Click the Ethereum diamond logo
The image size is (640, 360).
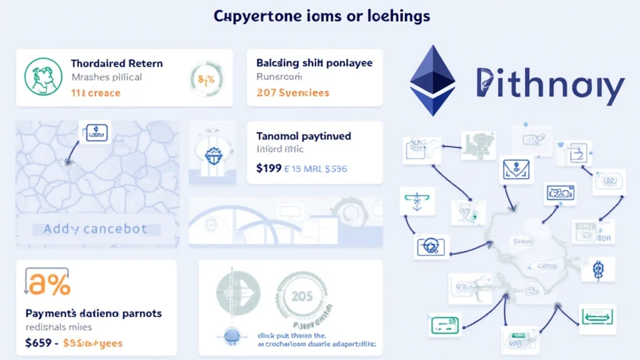pyautogui.click(x=432, y=81)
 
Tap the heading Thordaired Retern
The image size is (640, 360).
pyautogui.click(x=117, y=63)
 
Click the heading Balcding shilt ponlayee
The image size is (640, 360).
pyautogui.click(x=314, y=63)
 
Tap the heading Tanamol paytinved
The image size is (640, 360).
pyautogui.click(x=303, y=135)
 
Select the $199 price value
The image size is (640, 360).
pyautogui.click(x=268, y=167)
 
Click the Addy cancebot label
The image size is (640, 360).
pyautogui.click(x=96, y=229)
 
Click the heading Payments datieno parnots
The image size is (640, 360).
pyautogui.click(x=94, y=312)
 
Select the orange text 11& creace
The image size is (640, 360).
pyautogui.click(x=96, y=93)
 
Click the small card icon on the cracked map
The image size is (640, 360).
pyautogui.click(x=94, y=131)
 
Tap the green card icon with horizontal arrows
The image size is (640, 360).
pyautogui.click(x=597, y=316)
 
